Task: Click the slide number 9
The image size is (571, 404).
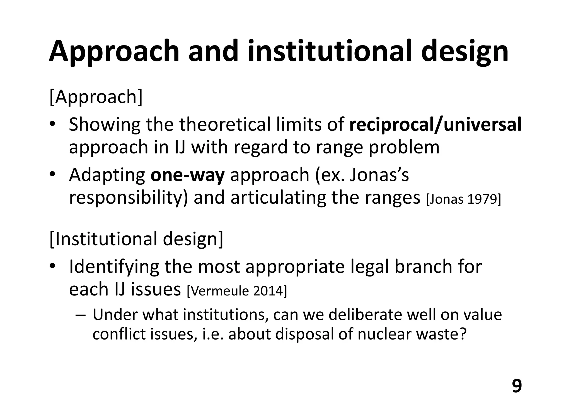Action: point(517,386)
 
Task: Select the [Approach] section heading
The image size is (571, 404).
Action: point(96,97)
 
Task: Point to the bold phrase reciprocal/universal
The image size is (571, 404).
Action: point(435,125)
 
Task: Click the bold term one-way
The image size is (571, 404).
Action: point(187,175)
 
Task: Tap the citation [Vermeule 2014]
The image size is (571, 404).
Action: point(236,291)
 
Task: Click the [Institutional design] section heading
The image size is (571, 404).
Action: point(136,239)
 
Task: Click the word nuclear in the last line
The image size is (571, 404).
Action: point(384,334)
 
